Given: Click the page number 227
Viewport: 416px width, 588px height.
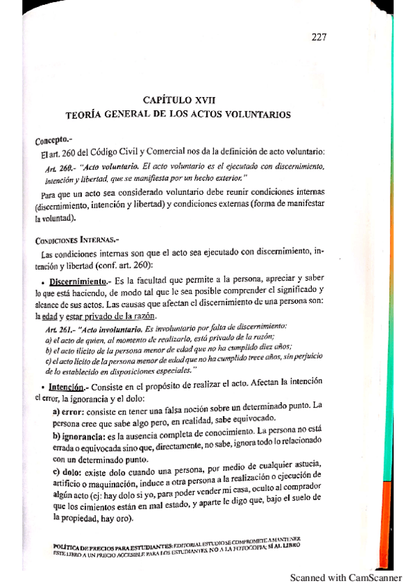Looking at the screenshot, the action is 319,37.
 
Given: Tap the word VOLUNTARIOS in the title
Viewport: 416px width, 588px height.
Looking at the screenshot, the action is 251,114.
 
